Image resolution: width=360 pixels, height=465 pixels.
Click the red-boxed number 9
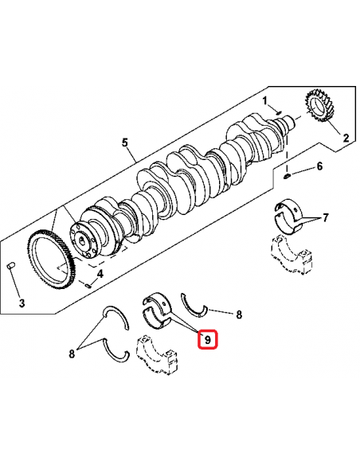pos(207,340)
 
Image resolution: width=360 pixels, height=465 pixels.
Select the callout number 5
pos(125,143)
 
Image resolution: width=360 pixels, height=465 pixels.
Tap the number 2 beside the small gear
pos(346,138)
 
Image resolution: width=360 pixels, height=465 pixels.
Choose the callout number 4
pos(100,275)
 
